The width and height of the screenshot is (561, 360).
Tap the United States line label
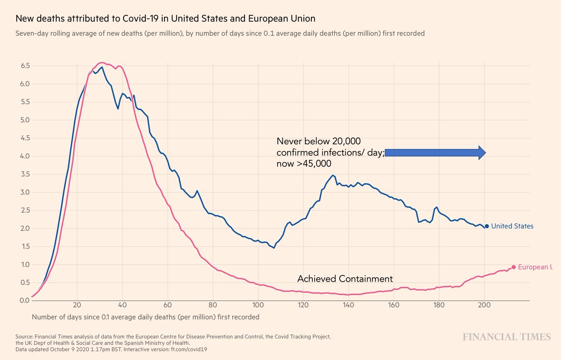pyautogui.click(x=512, y=226)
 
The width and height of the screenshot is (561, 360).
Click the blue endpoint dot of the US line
pyautogui.click(x=487, y=226)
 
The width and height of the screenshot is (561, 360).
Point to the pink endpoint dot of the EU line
pyautogui.click(x=513, y=267)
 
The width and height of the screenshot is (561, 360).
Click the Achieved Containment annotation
pyautogui.click(x=345, y=279)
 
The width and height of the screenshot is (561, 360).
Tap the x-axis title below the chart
pyautogui.click(x=145, y=317)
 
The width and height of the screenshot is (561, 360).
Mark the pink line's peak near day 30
pyautogui.click(x=102, y=63)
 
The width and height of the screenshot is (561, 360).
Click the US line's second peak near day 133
pyautogui.click(x=332, y=176)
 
